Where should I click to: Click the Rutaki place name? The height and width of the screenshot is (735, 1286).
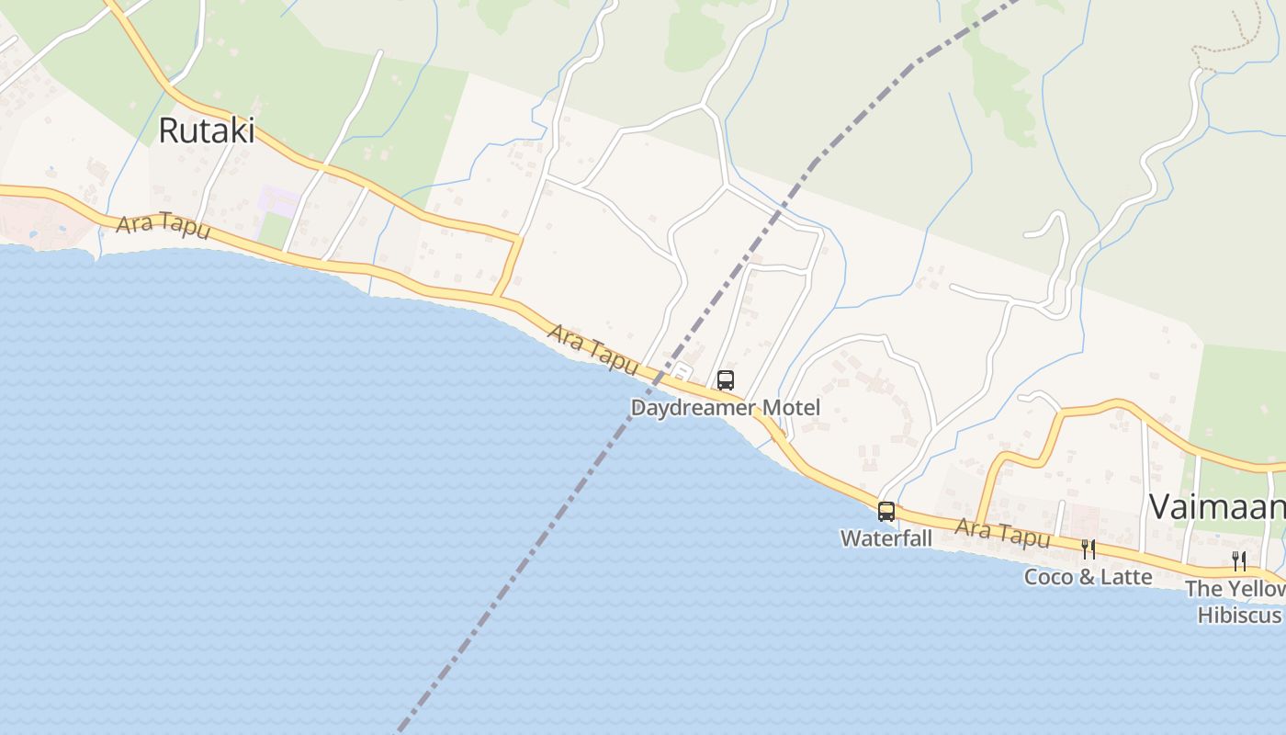pyautogui.click(x=206, y=130)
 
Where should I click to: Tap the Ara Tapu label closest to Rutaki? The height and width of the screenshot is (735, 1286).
pyautogui.click(x=163, y=225)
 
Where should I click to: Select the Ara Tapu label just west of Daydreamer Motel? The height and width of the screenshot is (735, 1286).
pyautogui.click(x=592, y=348)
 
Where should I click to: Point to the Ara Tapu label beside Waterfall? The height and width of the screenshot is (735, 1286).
pyautogui.click(x=1002, y=532)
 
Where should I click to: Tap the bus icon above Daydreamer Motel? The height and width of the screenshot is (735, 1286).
pyautogui.click(x=725, y=379)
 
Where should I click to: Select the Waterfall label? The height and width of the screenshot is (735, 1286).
pyautogui.click(x=886, y=537)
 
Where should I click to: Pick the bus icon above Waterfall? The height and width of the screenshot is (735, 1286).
pyautogui.click(x=886, y=512)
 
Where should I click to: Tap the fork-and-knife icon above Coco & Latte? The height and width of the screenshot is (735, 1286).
pyautogui.click(x=1088, y=549)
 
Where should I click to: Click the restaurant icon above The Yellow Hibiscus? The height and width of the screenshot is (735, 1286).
pyautogui.click(x=1239, y=560)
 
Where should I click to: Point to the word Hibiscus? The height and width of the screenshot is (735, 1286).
pyautogui.click(x=1238, y=615)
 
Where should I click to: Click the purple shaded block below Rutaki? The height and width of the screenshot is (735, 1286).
pyautogui.click(x=279, y=200)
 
